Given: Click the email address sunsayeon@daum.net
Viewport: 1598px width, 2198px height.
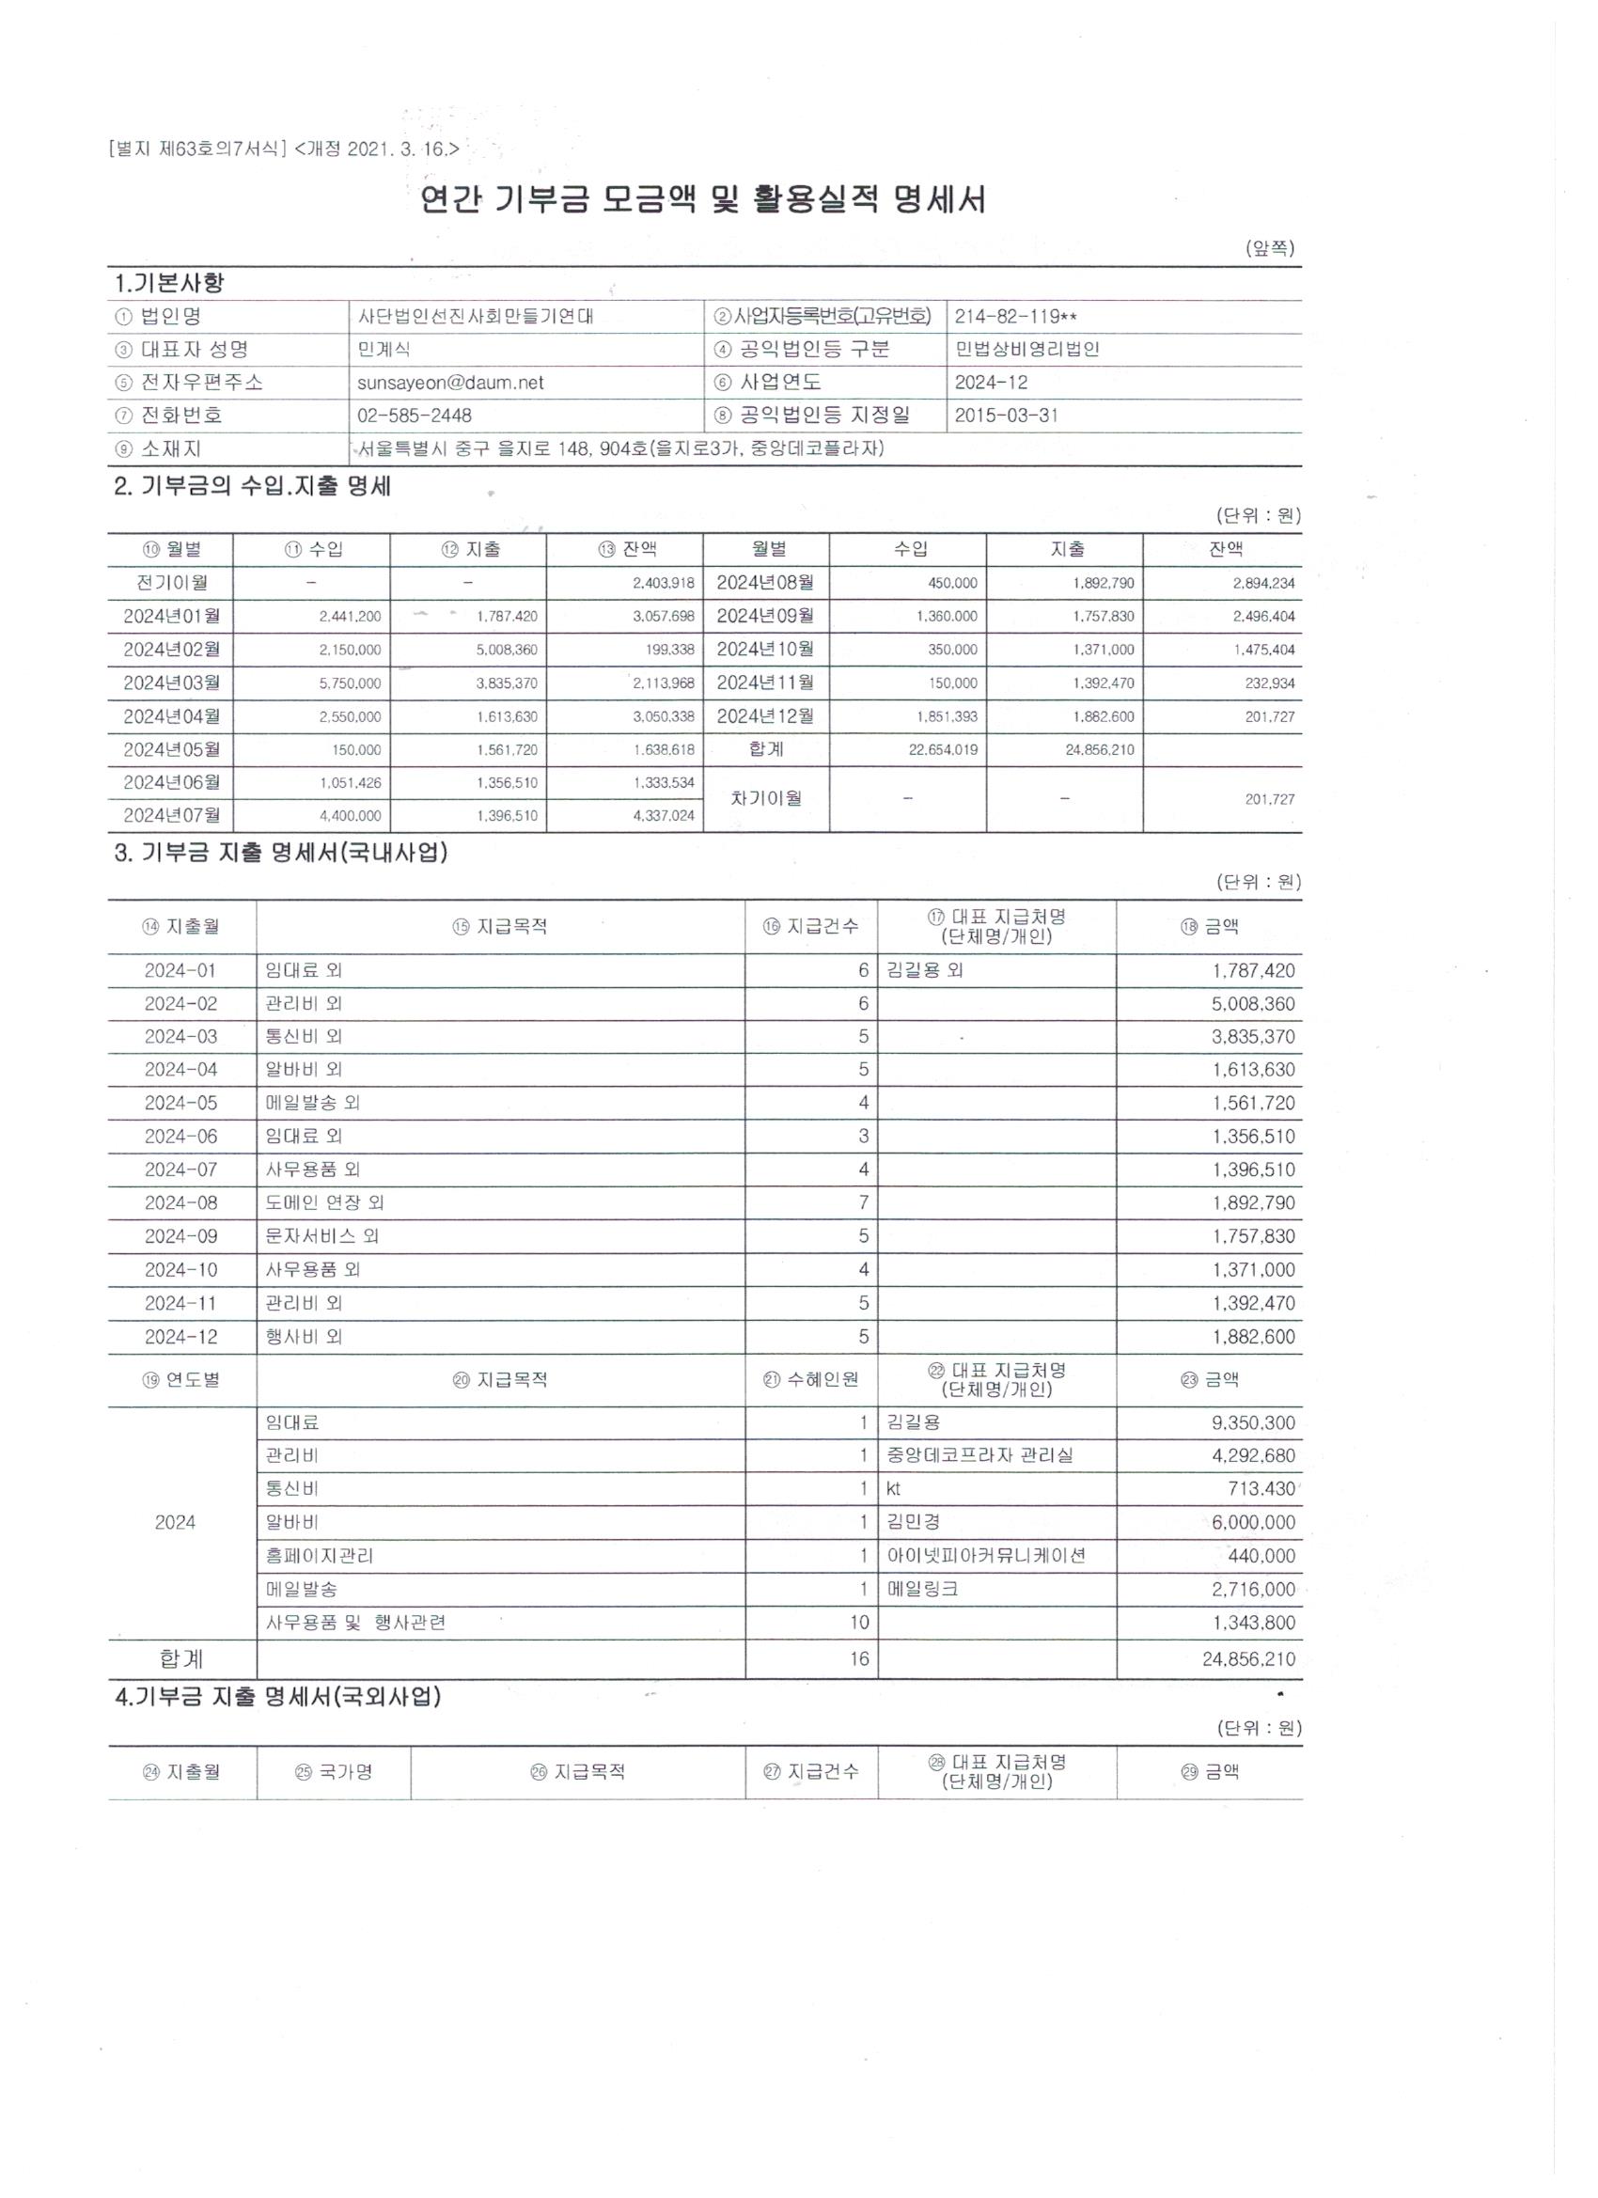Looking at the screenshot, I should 449,383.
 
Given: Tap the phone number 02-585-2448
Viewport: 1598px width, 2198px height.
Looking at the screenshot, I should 414,416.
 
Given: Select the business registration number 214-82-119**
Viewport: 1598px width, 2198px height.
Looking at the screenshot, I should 1014,317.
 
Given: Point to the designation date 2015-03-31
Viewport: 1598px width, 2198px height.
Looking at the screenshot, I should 1006,416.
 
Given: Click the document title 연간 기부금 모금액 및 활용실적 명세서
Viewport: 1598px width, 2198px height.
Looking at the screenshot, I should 702,200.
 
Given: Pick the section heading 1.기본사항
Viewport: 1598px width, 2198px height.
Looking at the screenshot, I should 169,283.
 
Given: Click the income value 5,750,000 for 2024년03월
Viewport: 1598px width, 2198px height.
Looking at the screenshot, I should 350,683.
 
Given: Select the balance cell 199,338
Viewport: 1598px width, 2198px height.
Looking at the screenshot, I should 669,650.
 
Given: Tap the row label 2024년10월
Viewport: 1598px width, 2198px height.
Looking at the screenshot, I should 764,650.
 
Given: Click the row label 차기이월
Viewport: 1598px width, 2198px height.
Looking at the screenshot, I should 765,798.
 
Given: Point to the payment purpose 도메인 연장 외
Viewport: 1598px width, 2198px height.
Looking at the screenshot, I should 324,1202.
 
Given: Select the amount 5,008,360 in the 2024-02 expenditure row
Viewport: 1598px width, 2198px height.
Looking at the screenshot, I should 1253,1004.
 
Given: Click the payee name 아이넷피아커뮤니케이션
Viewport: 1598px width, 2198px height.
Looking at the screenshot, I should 985,1556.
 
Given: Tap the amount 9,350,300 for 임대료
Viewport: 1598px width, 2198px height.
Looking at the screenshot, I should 1253,1422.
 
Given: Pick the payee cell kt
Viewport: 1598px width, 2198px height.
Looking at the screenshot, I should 894,1488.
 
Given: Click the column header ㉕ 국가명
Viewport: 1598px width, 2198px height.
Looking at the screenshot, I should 334,1772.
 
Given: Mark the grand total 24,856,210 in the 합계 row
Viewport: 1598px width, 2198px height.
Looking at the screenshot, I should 1248,1659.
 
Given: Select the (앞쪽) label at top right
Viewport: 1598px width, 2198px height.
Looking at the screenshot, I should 1270,249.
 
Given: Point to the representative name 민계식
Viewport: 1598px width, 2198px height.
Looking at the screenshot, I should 384,350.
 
